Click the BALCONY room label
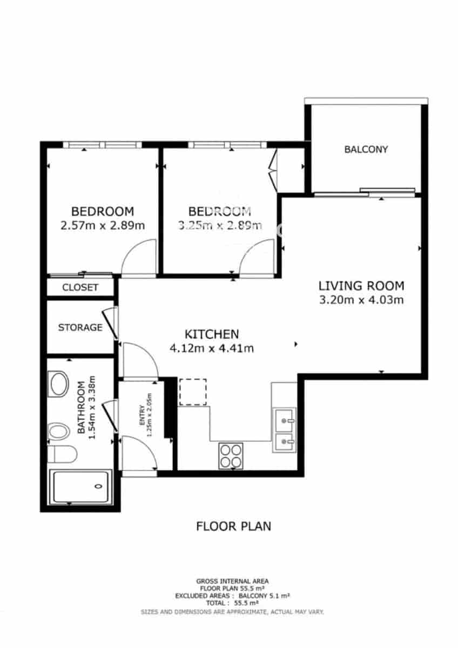pyautogui.click(x=366, y=150)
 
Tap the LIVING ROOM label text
pyautogui.click(x=361, y=286)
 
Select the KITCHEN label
pyautogui.click(x=212, y=334)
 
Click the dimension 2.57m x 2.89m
pyautogui.click(x=103, y=225)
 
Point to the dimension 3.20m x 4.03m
pyautogui.click(x=361, y=300)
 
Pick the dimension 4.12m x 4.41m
pyautogui.click(x=212, y=348)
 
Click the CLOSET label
pyautogui.click(x=80, y=287)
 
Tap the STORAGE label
pyautogui.click(x=80, y=327)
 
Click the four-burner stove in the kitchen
pyautogui.click(x=231, y=455)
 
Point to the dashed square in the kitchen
pyautogui.click(x=193, y=393)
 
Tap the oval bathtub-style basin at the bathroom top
pyautogui.click(x=58, y=384)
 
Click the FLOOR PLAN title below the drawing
pyautogui.click(x=233, y=525)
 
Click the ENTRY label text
pyautogui.click(x=142, y=417)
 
